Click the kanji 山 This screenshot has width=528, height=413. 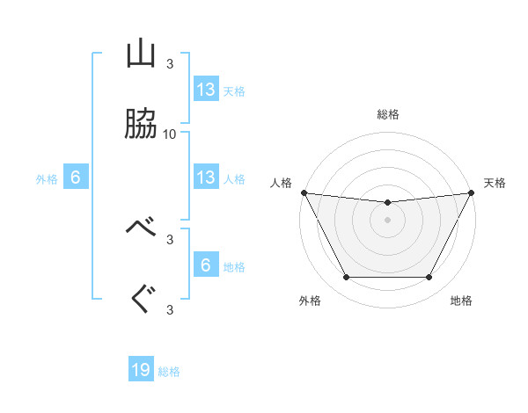pos(141,54)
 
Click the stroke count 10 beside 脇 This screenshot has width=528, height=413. pos(170,134)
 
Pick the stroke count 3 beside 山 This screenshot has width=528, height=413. pos(170,63)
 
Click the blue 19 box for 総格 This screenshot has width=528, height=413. pos(141,370)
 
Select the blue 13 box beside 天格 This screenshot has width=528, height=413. pos(206,89)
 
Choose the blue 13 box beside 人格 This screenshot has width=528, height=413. pos(206,178)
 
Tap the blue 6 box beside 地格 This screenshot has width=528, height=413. pos(206,265)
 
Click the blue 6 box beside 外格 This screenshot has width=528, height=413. pos(76,178)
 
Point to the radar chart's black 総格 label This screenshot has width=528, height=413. pos(388,114)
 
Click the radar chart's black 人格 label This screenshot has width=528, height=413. pos(282,183)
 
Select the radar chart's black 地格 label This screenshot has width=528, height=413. pos(461,301)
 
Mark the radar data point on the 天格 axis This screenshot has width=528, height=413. pos(473,192)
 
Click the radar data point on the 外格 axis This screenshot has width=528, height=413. pos(346,278)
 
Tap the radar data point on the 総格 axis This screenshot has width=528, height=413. pos(388,203)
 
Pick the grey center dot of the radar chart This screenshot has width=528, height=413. pos(388,220)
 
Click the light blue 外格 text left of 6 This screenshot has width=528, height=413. pos(47,179)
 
